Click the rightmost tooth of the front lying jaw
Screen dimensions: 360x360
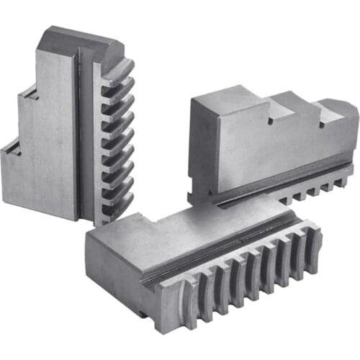[313, 245]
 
